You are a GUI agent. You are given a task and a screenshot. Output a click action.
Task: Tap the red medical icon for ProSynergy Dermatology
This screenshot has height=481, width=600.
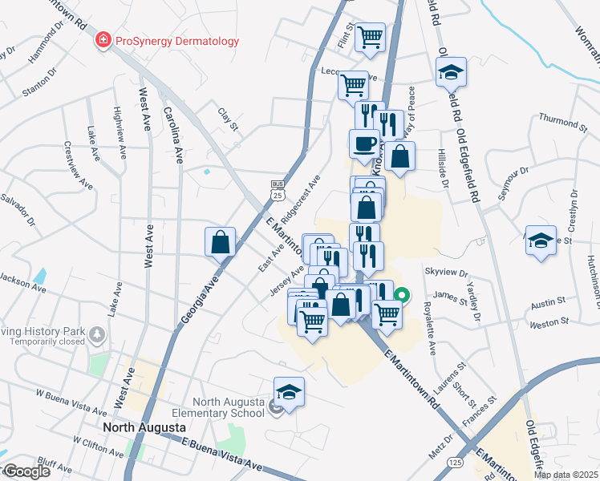[103, 41]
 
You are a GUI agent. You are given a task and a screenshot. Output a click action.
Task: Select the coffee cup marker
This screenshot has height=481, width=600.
[365, 143]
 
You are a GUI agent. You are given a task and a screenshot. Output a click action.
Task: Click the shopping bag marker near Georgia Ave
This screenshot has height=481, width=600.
[220, 241]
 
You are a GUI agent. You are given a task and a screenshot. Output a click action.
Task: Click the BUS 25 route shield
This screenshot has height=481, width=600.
[278, 190]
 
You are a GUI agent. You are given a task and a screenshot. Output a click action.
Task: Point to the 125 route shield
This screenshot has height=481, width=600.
[456, 464]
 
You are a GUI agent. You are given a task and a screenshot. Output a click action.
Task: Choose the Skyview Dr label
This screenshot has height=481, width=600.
[450, 273]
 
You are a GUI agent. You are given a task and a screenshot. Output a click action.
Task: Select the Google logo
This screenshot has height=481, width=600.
[26, 471]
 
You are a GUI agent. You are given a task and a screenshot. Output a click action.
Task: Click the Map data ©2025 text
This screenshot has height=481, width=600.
[566, 475]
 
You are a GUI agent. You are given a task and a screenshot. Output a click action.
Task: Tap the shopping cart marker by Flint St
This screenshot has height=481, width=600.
[371, 36]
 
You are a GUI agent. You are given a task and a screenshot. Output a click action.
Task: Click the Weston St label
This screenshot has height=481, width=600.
[549, 323]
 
